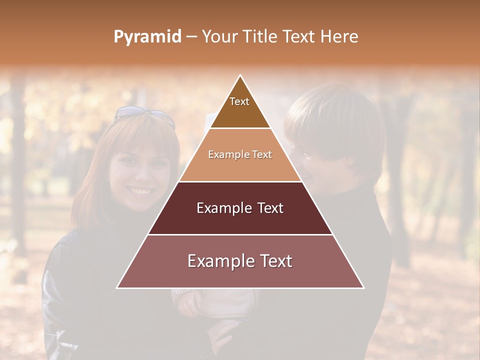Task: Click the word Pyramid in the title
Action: (147, 37)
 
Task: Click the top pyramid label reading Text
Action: (239, 101)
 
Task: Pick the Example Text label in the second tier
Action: (240, 154)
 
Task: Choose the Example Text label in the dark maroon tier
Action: (240, 208)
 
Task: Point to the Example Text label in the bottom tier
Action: (240, 261)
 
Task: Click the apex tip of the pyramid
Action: (240, 75)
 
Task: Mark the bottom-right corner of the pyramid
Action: (363, 287)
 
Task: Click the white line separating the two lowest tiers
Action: (240, 234)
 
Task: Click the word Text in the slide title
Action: (299, 37)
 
